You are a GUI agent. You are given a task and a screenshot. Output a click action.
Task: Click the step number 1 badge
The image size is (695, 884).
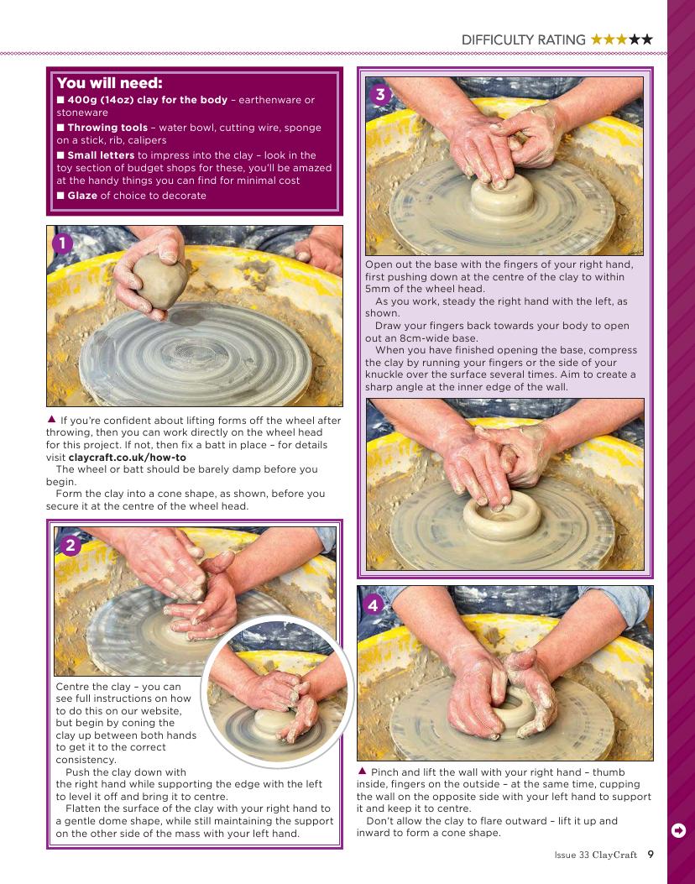pyautogui.click(x=63, y=243)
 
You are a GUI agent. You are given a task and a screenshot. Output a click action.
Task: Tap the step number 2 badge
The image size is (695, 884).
pyautogui.click(x=71, y=545)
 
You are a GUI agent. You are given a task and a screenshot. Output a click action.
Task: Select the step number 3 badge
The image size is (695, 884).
pyautogui.click(x=380, y=94)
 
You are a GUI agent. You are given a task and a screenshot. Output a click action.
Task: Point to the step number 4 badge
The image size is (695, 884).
pyautogui.click(x=373, y=605)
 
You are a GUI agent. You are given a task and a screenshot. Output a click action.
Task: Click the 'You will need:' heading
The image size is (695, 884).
pyautogui.click(x=109, y=83)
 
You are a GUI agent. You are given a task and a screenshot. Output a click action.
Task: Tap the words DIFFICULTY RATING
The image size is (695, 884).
pyautogui.click(x=523, y=40)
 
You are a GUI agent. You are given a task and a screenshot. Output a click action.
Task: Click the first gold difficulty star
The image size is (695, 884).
pyautogui.click(x=596, y=39)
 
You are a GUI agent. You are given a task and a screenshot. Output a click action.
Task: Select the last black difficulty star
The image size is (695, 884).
pyautogui.click(x=646, y=39)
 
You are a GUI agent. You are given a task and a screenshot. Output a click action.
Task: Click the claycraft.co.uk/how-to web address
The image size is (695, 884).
pyautogui.click(x=127, y=458)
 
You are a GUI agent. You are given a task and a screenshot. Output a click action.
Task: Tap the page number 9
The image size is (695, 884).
pyautogui.click(x=651, y=854)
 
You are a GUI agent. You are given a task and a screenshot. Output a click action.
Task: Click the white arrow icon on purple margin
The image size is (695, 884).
pyautogui.click(x=679, y=830)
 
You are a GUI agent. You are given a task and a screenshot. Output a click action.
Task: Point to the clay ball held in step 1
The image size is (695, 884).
pyautogui.click(x=159, y=280)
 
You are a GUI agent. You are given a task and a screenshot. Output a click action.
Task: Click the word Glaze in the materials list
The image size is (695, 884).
pyautogui.click(x=82, y=196)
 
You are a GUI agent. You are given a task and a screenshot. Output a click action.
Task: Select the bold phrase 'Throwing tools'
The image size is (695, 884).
pyautogui.click(x=107, y=128)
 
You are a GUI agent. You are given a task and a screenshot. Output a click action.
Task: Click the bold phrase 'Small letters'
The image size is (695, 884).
pyautogui.click(x=101, y=155)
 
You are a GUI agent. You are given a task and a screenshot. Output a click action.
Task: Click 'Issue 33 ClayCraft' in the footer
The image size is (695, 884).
pyautogui.click(x=595, y=855)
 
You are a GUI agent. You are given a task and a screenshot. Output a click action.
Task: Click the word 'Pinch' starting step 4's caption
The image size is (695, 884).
pyautogui.click(x=384, y=772)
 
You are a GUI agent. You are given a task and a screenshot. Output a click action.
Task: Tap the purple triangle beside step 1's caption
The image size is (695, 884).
pyautogui.click(x=51, y=419)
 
